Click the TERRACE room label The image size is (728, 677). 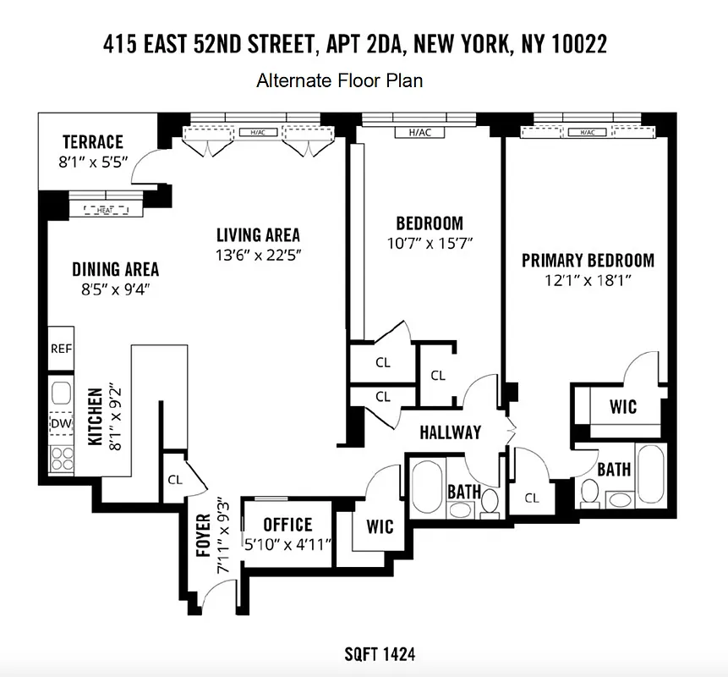click(93, 141)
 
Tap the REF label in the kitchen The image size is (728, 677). click(60, 348)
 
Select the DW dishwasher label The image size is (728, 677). click(60, 423)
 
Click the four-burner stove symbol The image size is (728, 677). click(61, 458)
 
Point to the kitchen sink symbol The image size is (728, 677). click(61, 393)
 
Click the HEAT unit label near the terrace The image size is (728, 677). click(105, 210)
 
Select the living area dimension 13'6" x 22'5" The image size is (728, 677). click(258, 255)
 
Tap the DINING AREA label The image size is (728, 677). click(115, 270)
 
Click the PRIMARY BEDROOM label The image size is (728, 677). click(588, 261)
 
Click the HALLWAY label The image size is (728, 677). click(450, 432)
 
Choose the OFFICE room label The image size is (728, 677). click(287, 525)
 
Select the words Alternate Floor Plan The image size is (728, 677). click(339, 81)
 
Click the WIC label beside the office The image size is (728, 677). click(380, 526)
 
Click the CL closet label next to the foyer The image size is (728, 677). click(175, 479)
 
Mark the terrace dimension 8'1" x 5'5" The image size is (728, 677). click(93, 162)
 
